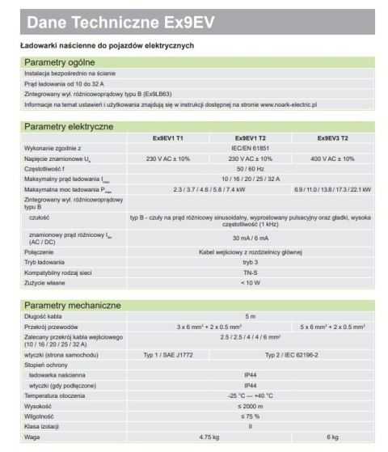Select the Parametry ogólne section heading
pos(61,62)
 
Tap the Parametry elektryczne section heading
pos(69,127)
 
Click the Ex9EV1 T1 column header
pos(168,138)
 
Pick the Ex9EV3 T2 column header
pos(333,138)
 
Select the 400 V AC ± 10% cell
pos(333,158)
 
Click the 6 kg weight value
pos(333,437)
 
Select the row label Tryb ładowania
pos(47,262)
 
